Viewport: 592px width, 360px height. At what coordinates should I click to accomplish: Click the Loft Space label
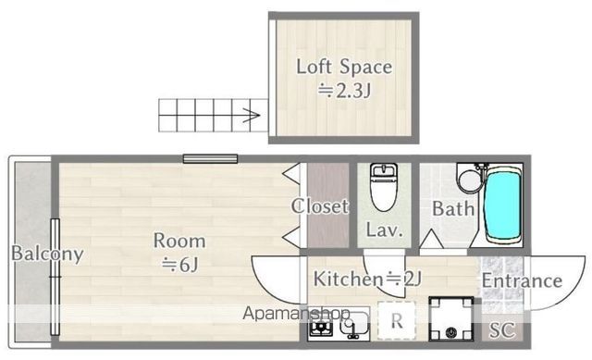click(344, 68)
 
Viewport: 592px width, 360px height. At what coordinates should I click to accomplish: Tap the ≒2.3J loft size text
click(344, 91)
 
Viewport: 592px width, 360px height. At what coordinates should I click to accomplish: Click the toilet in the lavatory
click(384, 187)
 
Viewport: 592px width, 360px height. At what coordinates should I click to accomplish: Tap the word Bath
click(453, 208)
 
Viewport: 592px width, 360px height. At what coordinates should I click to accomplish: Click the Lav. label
click(384, 230)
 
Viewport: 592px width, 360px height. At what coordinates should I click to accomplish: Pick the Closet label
click(320, 206)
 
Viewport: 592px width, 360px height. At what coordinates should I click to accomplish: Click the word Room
click(179, 241)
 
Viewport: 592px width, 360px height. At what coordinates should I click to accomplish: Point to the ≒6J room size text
click(180, 265)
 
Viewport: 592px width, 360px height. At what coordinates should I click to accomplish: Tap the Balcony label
click(47, 254)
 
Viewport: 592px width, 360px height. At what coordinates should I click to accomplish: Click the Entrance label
click(522, 280)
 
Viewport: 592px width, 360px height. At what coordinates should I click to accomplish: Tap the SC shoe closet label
click(502, 330)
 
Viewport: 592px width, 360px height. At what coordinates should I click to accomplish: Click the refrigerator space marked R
click(397, 320)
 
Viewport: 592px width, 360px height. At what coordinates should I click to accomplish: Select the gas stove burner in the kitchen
click(321, 327)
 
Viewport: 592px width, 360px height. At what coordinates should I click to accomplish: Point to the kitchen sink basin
click(354, 324)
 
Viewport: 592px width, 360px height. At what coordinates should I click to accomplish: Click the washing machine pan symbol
click(450, 319)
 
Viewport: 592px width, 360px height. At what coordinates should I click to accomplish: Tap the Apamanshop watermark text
click(297, 313)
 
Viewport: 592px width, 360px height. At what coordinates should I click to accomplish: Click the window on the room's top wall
click(210, 158)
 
